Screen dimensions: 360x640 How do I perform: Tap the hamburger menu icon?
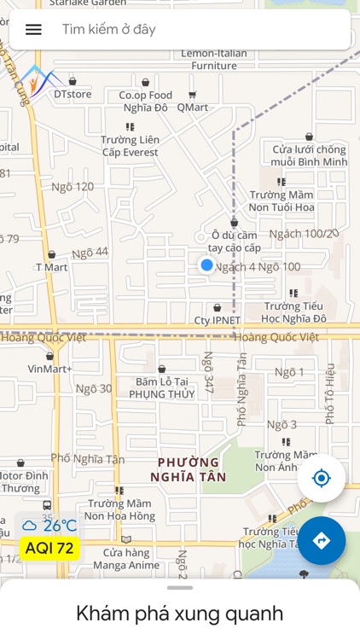pos(33,29)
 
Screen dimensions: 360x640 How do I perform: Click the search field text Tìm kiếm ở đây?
pos(108,29)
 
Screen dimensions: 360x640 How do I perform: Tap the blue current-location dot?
pos(206,265)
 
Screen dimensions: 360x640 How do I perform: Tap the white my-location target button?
pos(321,478)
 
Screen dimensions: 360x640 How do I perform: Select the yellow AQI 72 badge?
pos(49,549)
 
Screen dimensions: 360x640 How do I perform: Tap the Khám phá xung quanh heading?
pos(179,613)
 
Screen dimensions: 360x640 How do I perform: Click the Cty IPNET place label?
pos(217,321)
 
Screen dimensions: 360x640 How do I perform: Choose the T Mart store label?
pos(51,267)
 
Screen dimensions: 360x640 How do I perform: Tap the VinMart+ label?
pos(49,369)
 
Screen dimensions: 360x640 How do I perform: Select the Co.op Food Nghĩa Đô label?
pos(145,102)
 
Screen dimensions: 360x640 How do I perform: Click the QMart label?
pos(192,108)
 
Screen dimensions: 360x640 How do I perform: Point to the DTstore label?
pos(73,94)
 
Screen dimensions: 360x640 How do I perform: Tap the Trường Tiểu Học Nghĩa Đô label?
pos(294,312)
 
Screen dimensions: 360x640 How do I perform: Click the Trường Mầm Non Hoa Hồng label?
pos(119,509)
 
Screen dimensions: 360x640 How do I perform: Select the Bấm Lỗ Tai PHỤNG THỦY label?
pos(162,388)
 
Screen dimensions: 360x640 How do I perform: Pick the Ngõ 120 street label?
pos(73,187)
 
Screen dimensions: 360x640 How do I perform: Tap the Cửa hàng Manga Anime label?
pos(126,558)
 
